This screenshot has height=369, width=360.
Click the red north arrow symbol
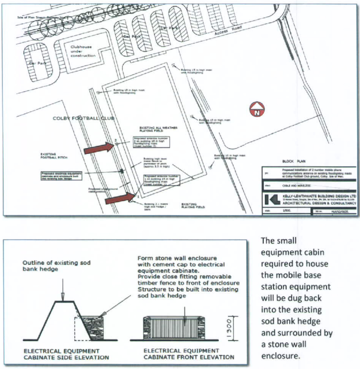[x=257, y=109]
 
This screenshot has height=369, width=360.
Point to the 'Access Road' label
[x=228, y=30]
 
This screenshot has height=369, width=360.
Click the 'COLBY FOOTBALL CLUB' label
[x=83, y=118]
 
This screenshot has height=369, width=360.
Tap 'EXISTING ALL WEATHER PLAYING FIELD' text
[x=158, y=129]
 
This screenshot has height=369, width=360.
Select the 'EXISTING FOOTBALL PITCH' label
[x=54, y=156]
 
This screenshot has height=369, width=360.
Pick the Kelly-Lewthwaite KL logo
[x=272, y=200]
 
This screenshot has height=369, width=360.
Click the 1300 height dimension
[x=230, y=328]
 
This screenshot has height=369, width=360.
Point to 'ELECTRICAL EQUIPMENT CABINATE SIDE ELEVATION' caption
[x=66, y=354]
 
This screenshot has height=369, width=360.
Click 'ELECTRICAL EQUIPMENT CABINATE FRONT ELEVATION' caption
[x=188, y=354]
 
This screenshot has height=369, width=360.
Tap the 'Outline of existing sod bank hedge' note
[x=56, y=266]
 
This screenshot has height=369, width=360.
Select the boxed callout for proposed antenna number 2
[x=151, y=142]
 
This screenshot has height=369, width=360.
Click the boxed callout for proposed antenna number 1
[x=162, y=180]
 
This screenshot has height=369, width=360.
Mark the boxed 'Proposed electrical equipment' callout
[x=61, y=176]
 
